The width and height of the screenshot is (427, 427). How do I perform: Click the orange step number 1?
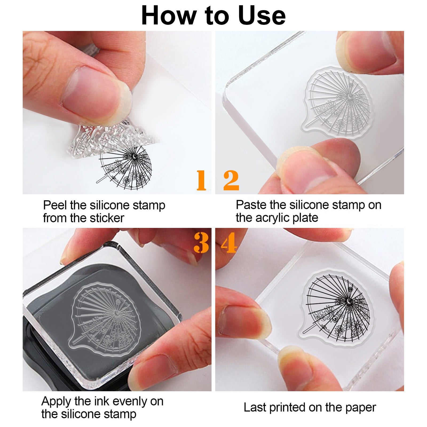coord(201,180)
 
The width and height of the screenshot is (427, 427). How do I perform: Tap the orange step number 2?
coord(231,180)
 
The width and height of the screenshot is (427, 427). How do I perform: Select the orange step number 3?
coord(201,243)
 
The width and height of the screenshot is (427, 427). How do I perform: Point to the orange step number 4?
coord(229,243)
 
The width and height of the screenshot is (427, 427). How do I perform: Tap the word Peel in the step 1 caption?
coord(55,205)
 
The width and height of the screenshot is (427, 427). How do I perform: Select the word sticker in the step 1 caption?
coord(107,218)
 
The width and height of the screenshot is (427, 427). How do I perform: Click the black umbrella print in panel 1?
coord(124,165)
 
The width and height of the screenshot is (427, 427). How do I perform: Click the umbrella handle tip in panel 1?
coord(97,182)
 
